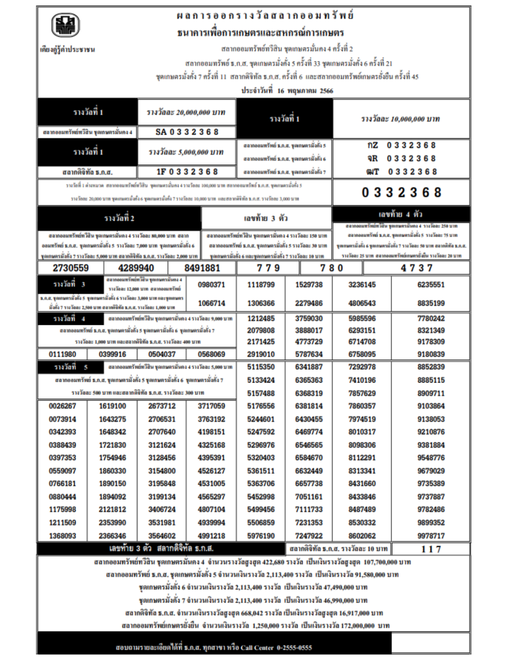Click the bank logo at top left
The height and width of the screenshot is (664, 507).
coord(65,25)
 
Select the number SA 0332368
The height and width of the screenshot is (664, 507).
coord(187,132)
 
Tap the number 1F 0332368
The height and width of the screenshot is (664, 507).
coord(187,172)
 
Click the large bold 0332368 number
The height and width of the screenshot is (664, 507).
coord(401,193)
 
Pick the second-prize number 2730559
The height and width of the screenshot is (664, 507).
coord(71,268)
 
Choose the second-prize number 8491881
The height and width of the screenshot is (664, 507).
coord(202,268)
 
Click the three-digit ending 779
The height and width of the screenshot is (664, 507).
coord(268,268)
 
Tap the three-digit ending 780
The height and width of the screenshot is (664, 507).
coord(332,268)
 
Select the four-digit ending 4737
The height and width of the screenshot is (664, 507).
coord(416,268)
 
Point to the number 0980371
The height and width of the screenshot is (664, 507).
coord(212,285)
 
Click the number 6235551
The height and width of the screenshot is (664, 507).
coord(431,285)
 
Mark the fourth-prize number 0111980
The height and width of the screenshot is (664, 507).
coord(62,354)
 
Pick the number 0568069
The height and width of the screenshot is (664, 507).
coord(212,354)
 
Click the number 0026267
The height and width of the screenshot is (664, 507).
coord(62,406)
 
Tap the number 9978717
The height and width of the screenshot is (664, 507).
coord(431,536)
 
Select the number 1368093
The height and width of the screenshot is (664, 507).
coord(62,536)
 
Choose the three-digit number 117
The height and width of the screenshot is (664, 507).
coord(431,549)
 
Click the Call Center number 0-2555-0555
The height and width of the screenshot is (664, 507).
coord(294,648)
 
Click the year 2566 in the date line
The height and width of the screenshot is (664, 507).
coord(326,91)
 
